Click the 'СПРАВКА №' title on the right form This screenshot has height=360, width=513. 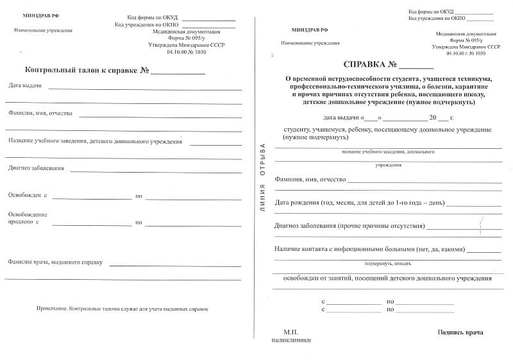tap(370, 65)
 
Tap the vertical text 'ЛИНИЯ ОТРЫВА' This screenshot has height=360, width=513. tap(262, 176)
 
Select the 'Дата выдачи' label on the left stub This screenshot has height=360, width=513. tap(25, 85)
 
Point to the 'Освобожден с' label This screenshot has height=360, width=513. tap(28, 194)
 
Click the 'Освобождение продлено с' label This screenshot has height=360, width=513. tap(28, 218)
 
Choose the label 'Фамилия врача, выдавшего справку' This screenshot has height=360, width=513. tap(56, 262)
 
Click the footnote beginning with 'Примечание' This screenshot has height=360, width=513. tap(122, 309)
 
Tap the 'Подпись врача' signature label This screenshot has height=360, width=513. tap(460, 332)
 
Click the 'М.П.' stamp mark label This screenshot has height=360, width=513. tap(292, 332)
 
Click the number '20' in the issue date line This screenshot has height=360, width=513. tap(434, 118)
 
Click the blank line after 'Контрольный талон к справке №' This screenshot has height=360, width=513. tap(178, 73)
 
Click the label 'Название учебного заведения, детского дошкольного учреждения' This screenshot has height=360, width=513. tap(95, 142)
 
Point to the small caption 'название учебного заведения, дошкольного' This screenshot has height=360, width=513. tap(388, 152)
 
